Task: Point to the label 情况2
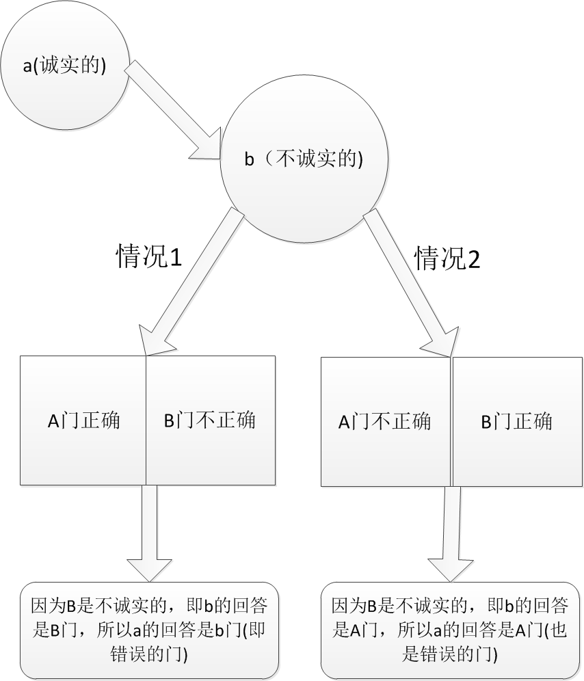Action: click(448, 258)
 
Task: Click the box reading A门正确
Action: click(83, 420)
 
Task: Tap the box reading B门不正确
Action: click(210, 420)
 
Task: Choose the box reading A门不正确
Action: click(385, 421)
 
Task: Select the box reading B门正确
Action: click(516, 421)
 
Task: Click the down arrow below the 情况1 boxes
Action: click(149, 530)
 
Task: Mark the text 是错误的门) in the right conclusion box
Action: click(451, 654)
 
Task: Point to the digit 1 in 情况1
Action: click(174, 258)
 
